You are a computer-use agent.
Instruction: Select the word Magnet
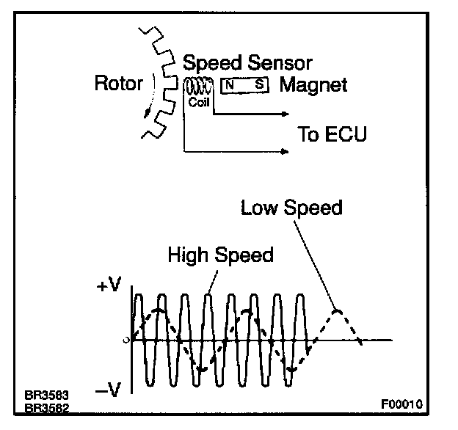pyautogui.click(x=313, y=84)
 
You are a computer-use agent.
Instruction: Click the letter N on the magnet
pyautogui.click(x=230, y=85)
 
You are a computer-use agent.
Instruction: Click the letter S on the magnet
pyautogui.click(x=258, y=85)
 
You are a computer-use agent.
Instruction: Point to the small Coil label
pyautogui.click(x=199, y=102)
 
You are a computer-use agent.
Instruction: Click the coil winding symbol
pyautogui.click(x=198, y=87)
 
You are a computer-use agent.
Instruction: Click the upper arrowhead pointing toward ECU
pyautogui.click(x=286, y=114)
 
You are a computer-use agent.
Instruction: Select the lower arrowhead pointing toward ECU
pyautogui.click(x=286, y=151)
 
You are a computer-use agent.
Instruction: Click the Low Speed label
pyautogui.click(x=291, y=208)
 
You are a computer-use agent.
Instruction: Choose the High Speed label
pyautogui.click(x=220, y=255)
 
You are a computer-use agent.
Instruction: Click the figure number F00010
pyautogui.click(x=401, y=404)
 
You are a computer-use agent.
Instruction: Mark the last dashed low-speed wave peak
pyautogui.click(x=337, y=310)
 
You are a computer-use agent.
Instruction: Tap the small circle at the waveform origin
pyautogui.click(x=128, y=340)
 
